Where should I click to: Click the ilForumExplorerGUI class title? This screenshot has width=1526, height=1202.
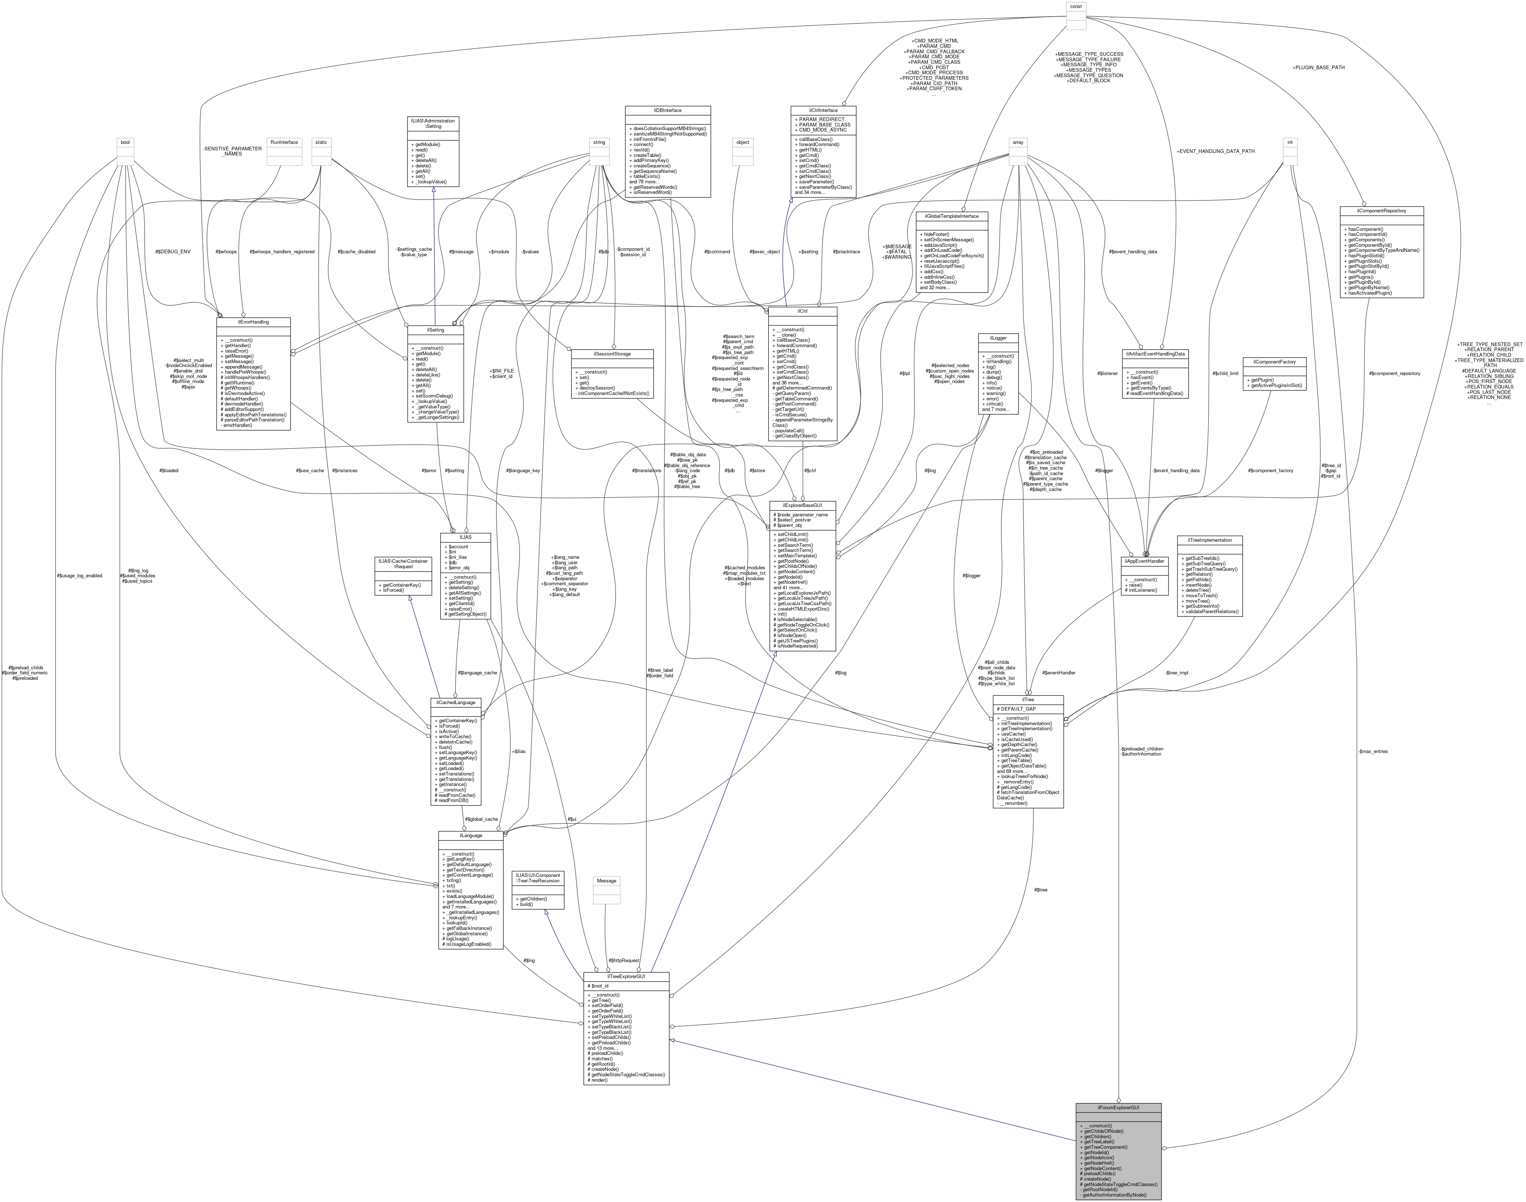(x=1118, y=1107)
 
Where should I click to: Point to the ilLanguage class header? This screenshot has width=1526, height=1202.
(x=471, y=835)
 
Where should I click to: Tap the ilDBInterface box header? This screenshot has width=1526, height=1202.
(x=668, y=111)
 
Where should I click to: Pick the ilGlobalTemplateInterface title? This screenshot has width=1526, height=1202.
(x=952, y=216)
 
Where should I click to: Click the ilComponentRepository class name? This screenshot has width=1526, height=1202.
(x=1382, y=211)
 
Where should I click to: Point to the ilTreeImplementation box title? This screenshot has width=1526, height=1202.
(x=1209, y=540)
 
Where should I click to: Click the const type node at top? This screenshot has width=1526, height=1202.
(x=1076, y=6)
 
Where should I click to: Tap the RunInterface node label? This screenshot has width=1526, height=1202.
(x=284, y=142)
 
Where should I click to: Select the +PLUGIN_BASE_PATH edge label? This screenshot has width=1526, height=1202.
(x=1318, y=67)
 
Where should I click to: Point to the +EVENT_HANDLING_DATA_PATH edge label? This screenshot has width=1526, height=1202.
(x=1215, y=151)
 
